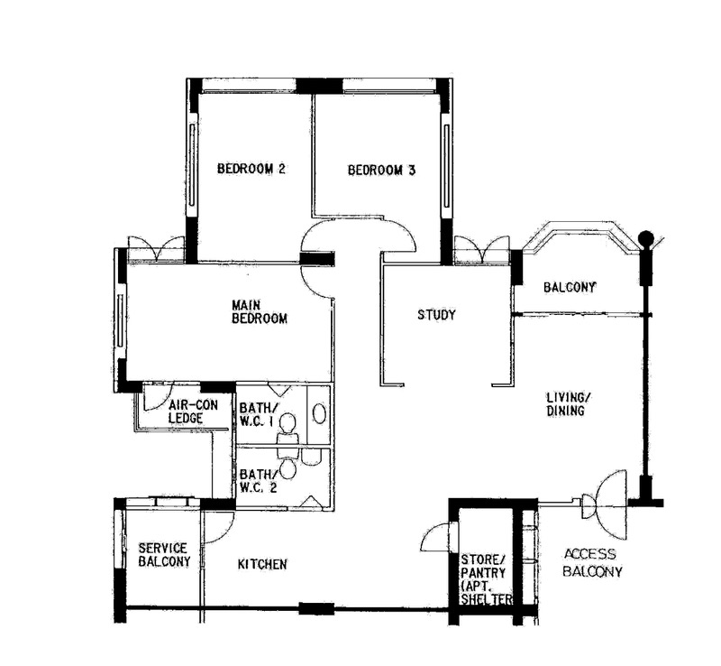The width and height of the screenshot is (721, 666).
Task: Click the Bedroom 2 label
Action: (251, 169)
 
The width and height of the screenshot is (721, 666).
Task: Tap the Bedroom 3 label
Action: (381, 171)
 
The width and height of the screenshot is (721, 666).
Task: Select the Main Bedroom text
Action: (260, 312)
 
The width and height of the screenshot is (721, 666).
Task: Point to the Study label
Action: (436, 315)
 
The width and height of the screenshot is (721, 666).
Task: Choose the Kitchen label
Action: (262, 564)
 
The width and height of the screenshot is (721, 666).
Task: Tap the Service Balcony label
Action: (164, 554)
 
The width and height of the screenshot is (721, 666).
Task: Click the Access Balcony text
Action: (592, 562)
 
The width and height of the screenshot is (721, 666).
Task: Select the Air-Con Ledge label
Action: (193, 412)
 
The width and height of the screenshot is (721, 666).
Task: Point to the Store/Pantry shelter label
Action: (487, 579)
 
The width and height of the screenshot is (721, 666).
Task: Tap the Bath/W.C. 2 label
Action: (259, 480)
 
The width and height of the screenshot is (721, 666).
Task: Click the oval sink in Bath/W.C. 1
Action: (320, 412)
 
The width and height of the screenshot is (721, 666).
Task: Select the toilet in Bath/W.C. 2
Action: (288, 465)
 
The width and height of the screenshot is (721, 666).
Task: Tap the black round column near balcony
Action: (646, 238)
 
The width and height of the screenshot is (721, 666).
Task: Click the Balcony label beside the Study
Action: (570, 287)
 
